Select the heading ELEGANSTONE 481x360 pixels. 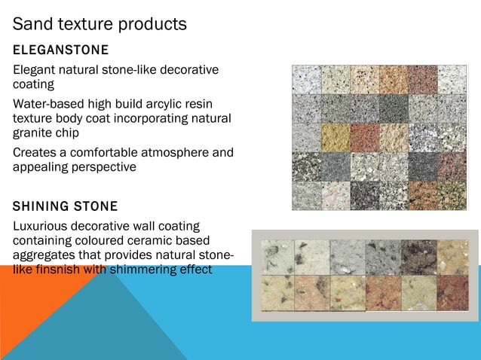[61, 50]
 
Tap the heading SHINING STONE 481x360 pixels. [66, 206]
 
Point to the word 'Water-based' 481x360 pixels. [47, 104]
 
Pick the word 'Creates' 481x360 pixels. [36, 154]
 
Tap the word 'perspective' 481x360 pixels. [101, 167]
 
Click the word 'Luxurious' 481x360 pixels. [42, 226]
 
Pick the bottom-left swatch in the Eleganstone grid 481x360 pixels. [307, 195]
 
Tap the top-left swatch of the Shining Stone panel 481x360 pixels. [277, 257]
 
